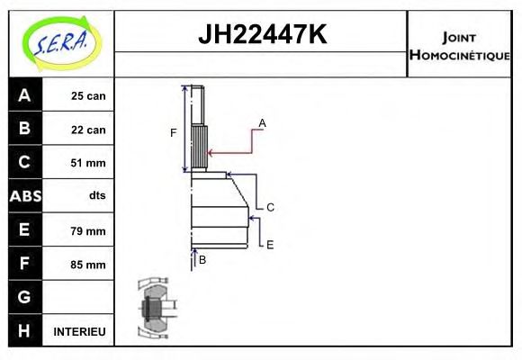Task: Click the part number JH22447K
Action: (x=261, y=35)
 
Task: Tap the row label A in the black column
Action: (x=24, y=95)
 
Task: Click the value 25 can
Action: (x=88, y=96)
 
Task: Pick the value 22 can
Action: (x=88, y=130)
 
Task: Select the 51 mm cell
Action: (x=88, y=163)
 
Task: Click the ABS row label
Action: (x=24, y=196)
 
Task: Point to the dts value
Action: (x=96, y=196)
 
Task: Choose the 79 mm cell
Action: (x=88, y=230)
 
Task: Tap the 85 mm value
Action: (x=88, y=265)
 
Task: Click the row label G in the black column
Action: (x=24, y=297)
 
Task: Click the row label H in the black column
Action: (x=24, y=331)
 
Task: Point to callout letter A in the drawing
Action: (x=262, y=122)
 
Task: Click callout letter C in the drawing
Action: (x=269, y=207)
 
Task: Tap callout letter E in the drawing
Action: (x=269, y=244)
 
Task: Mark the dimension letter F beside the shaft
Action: (x=174, y=133)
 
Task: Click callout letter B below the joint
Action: (x=202, y=260)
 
